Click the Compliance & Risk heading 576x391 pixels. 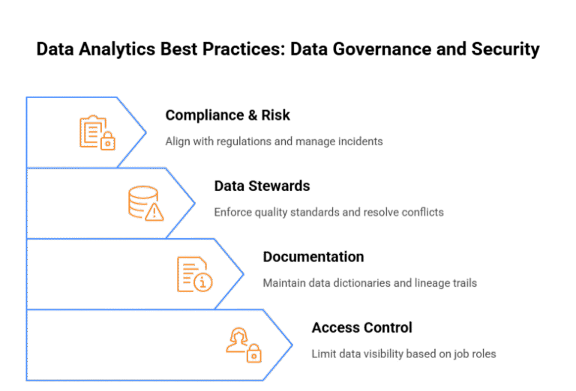(227, 115)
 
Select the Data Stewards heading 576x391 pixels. (262, 186)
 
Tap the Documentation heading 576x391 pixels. (313, 257)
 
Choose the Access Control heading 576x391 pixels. (361, 327)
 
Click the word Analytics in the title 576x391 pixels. (106, 50)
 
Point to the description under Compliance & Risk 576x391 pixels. (274, 141)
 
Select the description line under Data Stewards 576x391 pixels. (328, 212)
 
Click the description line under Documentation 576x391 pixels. (370, 283)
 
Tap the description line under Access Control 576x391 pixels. (403, 354)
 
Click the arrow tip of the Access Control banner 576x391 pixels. (292, 345)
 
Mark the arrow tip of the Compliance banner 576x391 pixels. (145, 132)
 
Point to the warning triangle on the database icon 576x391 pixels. (154, 212)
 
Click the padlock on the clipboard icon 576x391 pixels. (107, 140)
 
